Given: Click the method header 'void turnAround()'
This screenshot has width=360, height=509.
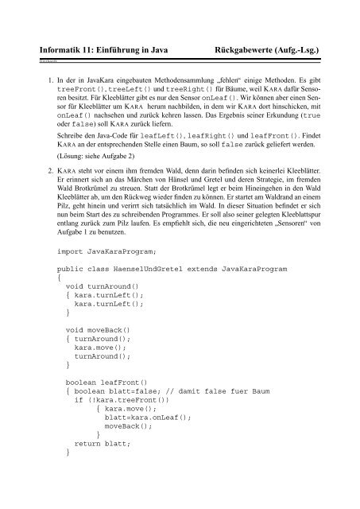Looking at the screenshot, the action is click(100, 362).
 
